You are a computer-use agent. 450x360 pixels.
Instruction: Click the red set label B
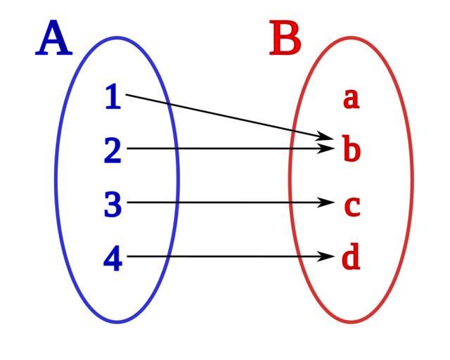[285, 39]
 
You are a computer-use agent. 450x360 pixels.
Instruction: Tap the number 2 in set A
[112, 150]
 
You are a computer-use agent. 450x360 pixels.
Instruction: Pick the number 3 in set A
[112, 205]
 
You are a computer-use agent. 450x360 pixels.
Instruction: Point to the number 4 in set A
[112, 259]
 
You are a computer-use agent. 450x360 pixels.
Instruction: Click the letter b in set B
[351, 149]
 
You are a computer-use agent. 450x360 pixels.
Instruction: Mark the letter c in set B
[352, 205]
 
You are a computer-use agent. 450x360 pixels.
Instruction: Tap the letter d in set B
[351, 258]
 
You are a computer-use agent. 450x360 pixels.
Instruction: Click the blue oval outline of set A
[56, 180]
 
